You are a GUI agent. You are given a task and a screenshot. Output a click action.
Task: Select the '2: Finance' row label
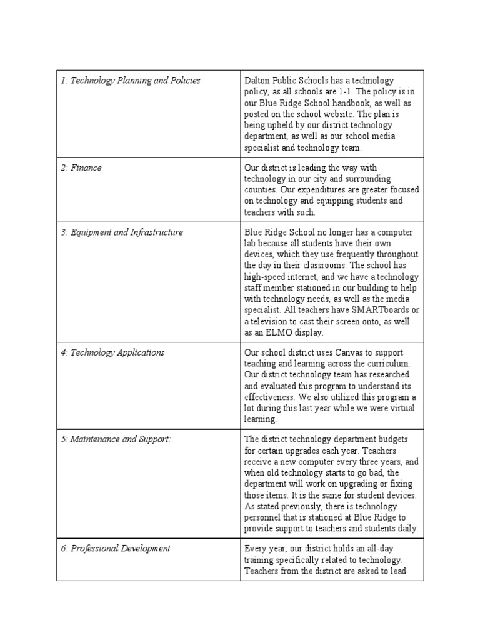(81, 167)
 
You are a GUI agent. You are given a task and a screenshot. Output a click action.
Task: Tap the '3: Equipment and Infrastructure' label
(122, 232)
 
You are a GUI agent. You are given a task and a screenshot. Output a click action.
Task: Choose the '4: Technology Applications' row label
(112, 352)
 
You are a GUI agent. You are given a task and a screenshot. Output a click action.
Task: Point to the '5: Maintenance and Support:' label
(116, 439)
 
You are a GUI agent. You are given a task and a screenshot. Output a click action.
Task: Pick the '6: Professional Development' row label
(115, 549)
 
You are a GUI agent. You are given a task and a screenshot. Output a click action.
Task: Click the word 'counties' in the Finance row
(261, 190)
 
